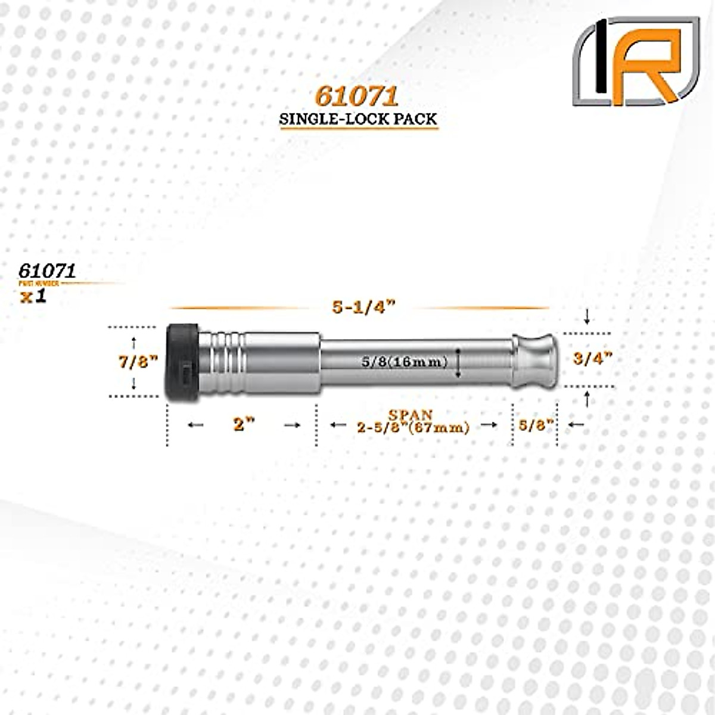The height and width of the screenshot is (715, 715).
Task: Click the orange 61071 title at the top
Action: point(356,97)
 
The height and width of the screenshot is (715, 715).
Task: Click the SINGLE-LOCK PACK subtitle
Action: point(359,119)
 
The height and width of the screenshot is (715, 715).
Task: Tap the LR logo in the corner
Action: point(636,62)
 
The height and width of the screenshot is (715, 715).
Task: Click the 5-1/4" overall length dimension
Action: point(363,307)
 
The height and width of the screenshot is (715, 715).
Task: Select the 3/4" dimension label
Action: point(593,359)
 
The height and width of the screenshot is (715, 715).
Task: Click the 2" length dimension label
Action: point(244,424)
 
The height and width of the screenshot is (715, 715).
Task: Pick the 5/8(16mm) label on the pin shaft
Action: point(404,361)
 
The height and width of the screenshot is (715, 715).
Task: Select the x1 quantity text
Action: point(33,296)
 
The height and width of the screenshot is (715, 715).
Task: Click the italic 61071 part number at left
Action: point(47,271)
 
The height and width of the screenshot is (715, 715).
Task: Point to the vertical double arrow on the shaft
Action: point(458,363)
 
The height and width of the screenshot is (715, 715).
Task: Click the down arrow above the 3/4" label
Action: point(587,316)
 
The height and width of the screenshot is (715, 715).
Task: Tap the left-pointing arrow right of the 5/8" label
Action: point(576,424)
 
